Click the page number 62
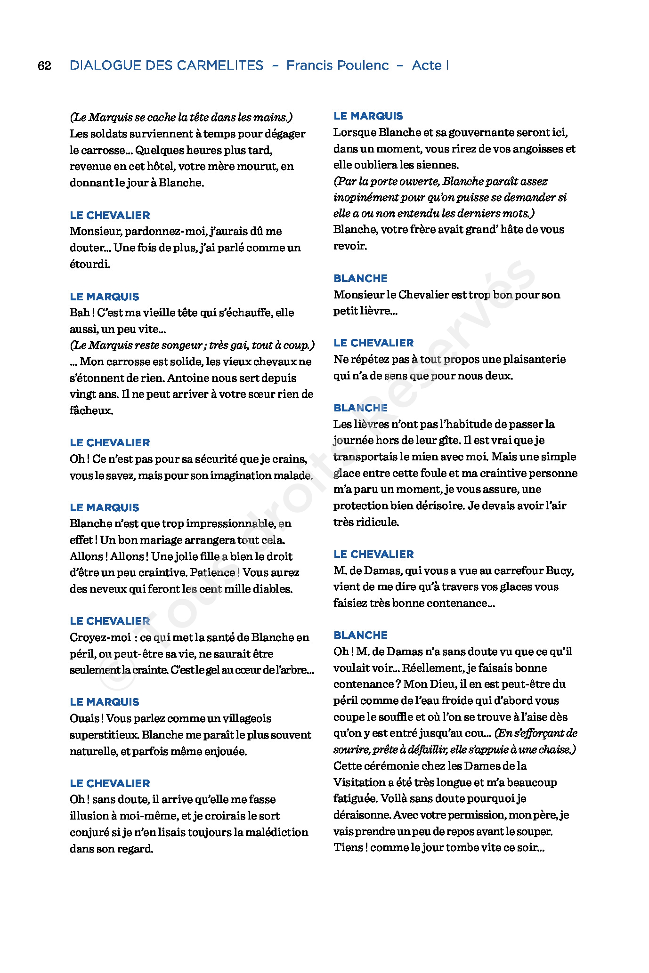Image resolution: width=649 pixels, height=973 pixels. [x=44, y=65]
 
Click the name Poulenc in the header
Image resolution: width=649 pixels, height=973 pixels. [x=362, y=65]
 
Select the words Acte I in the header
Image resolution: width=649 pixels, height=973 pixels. [x=430, y=65]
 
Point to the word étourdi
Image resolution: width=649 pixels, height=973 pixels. [x=90, y=264]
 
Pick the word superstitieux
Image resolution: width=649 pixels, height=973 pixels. [x=104, y=735]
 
